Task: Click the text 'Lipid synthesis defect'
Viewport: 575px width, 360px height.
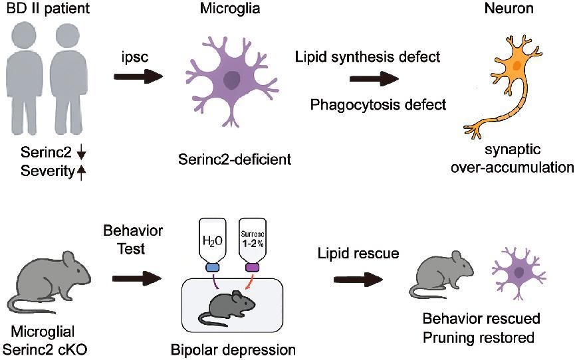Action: click(368, 57)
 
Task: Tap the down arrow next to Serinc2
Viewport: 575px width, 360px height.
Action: click(82, 155)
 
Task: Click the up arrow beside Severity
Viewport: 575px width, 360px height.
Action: click(82, 173)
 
